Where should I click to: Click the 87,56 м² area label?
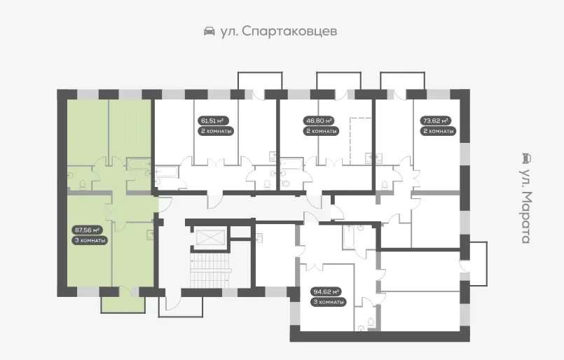pyautogui.click(x=88, y=230)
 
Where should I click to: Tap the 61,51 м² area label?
pyautogui.click(x=213, y=120)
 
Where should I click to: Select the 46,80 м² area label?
pyautogui.click(x=319, y=120)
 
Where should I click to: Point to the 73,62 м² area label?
pyautogui.click(x=435, y=120)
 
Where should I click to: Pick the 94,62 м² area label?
pyautogui.click(x=326, y=291)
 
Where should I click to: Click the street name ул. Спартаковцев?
pyautogui.click(x=279, y=32)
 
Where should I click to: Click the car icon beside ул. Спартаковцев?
pyautogui.click(x=209, y=32)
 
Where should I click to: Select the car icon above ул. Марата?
pyautogui.click(x=526, y=158)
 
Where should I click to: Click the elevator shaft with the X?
pyautogui.click(x=210, y=237)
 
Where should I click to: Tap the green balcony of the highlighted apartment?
pyautogui.click(x=123, y=304)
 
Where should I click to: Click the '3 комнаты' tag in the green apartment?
pyautogui.click(x=90, y=240)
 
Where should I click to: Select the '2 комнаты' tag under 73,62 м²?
pyautogui.click(x=438, y=131)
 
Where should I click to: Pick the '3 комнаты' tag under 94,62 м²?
pyautogui.click(x=329, y=302)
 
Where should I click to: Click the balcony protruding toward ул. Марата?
pyautogui.click(x=479, y=263)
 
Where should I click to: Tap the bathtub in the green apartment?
pyautogui.click(x=139, y=165)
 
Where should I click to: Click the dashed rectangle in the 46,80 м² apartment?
pyautogui.click(x=360, y=141)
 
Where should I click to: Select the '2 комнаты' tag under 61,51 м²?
pyautogui.click(x=216, y=131)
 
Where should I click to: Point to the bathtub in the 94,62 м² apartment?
pyautogui.click(x=348, y=237)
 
